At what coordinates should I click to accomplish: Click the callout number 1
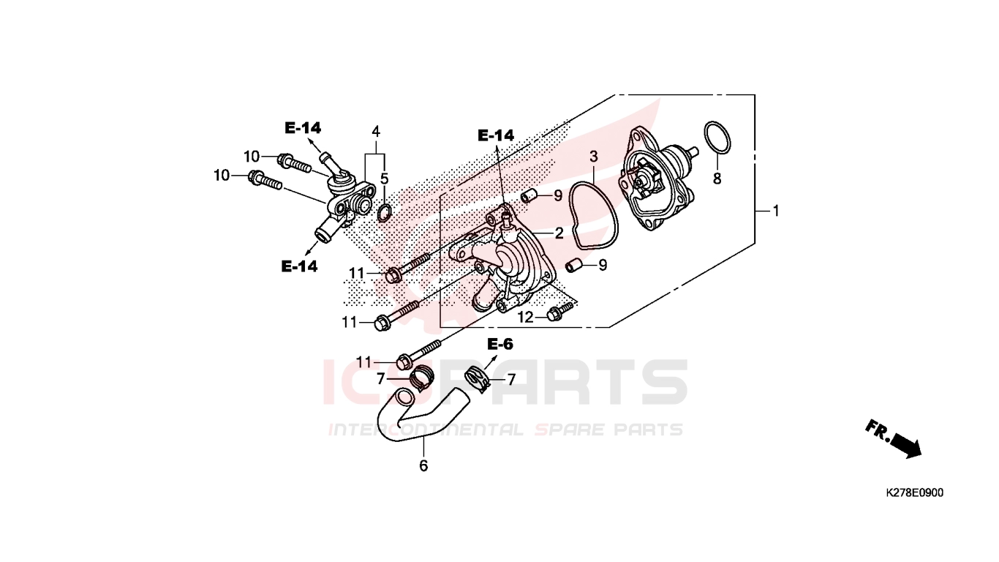776,211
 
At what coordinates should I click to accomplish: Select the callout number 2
559,233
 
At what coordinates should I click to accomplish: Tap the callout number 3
593,157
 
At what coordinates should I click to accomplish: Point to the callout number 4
376,132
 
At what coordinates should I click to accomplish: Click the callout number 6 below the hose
423,465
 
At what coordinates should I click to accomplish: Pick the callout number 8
717,179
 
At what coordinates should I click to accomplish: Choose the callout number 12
525,318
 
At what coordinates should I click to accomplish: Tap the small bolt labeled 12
559,312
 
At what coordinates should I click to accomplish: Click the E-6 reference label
500,344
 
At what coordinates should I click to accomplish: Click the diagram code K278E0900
914,492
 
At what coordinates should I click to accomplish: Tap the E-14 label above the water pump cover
496,135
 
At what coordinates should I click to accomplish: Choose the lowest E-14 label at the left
299,266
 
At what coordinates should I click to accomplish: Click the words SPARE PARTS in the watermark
608,430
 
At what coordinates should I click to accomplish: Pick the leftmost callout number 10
222,176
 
